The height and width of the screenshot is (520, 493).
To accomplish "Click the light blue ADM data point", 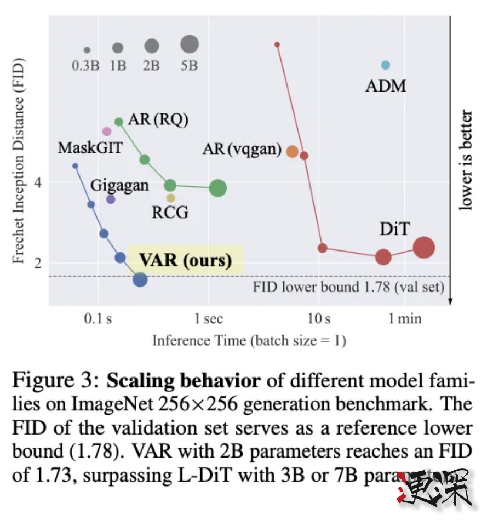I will click(385, 65).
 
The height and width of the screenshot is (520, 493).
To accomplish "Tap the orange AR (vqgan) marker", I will click(292, 152).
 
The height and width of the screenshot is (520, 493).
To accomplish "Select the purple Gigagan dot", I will click(111, 199).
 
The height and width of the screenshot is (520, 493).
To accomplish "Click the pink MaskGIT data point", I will click(107, 132).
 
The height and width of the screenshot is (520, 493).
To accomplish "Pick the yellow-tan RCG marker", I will click(171, 198).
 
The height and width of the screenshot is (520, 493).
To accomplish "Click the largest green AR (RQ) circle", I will click(218, 188).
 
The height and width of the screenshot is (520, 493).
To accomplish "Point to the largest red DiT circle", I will click(423, 248).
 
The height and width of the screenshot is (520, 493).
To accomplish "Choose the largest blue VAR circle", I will click(140, 279).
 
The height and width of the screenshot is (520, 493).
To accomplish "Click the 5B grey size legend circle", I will click(190, 43).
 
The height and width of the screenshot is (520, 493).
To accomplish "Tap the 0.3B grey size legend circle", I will click(87, 50).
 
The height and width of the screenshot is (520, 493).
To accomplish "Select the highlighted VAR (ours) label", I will click(185, 260).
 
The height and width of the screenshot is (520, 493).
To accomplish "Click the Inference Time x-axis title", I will click(249, 341).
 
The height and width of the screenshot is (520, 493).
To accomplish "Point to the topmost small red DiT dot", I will click(277, 44).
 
